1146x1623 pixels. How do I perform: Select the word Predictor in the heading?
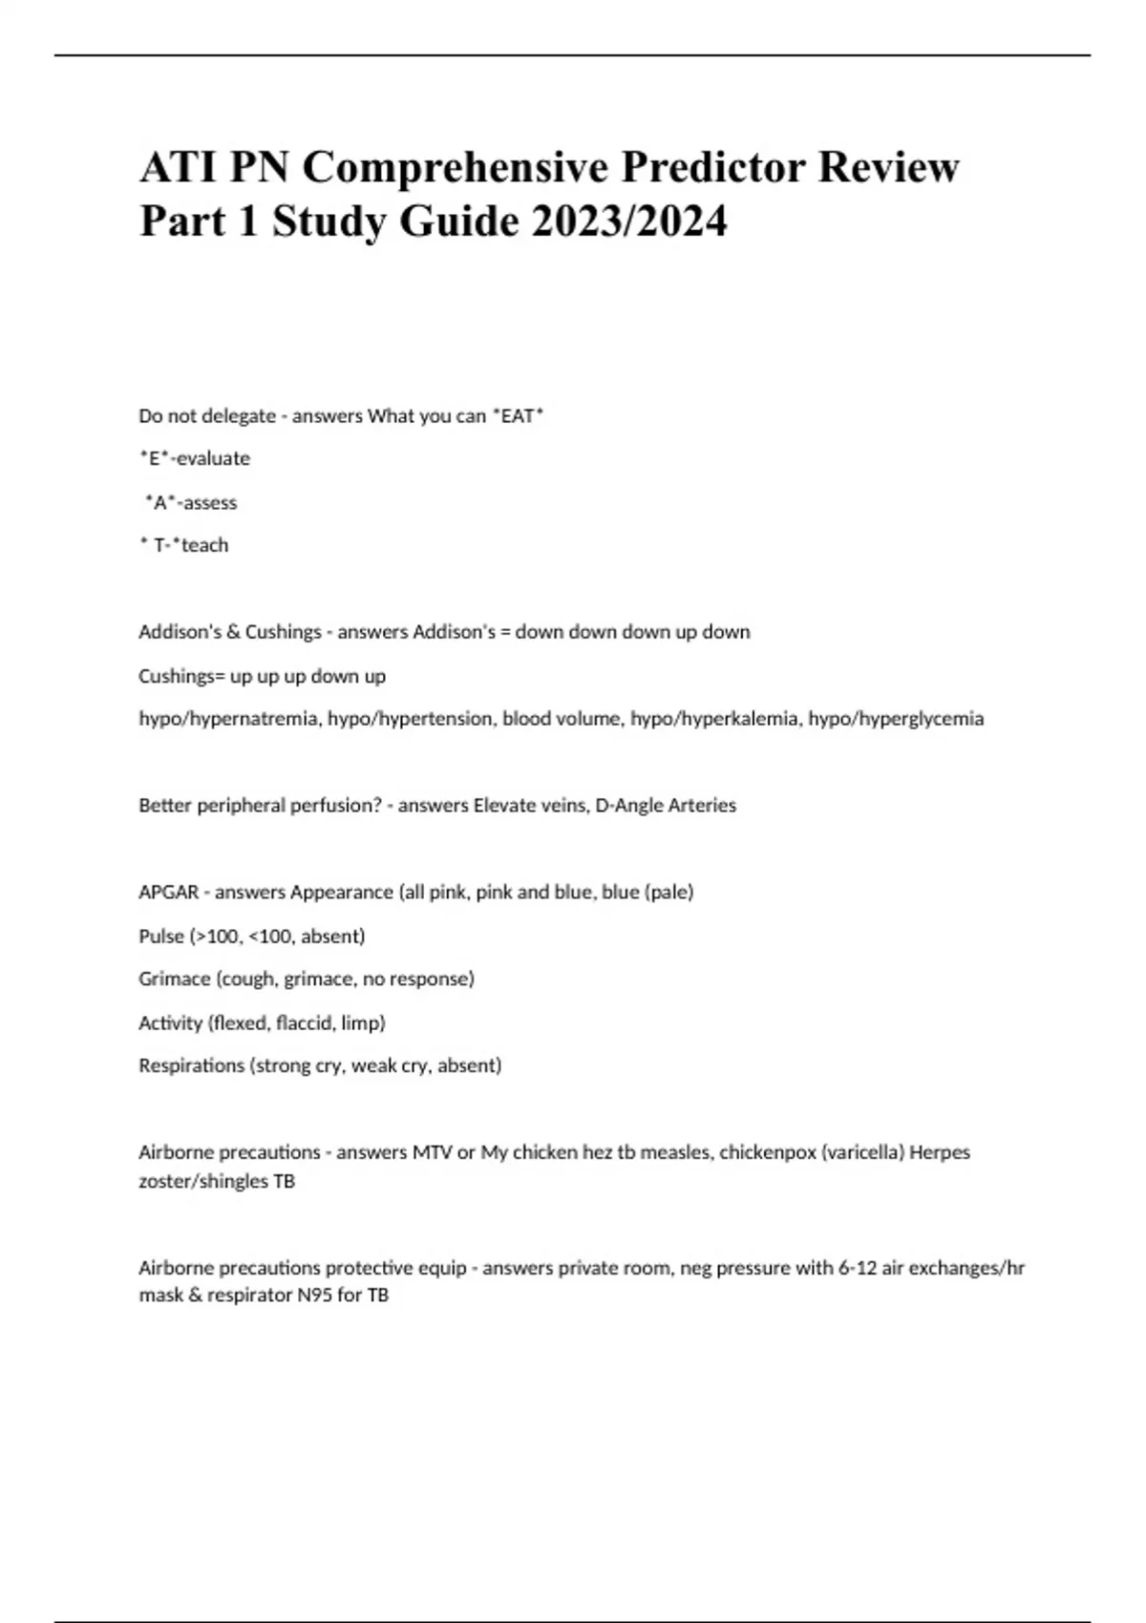[717, 167]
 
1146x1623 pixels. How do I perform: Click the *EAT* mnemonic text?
[518, 416]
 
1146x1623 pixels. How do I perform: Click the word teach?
[204, 545]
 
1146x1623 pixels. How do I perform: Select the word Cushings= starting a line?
[181, 676]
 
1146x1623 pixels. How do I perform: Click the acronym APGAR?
[168, 892]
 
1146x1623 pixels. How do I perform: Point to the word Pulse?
[161, 936]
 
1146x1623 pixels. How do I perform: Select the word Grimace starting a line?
[174, 979]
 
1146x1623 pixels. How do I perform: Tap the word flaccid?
[304, 1022]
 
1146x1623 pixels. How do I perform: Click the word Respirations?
[191, 1065]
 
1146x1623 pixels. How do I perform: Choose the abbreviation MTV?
[432, 1152]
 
